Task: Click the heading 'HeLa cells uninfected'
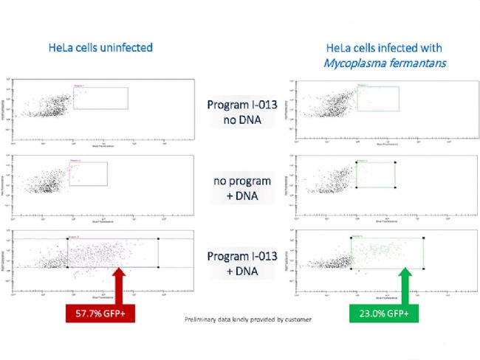point(108,48)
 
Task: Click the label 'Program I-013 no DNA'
point(242,111)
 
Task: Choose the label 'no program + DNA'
point(242,187)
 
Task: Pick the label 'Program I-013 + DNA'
point(242,263)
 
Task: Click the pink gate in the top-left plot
point(100,97)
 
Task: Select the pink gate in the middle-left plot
point(88,174)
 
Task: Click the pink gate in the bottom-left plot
point(113,253)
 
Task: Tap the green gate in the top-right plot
point(377,98)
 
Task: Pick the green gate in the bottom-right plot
point(387,253)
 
